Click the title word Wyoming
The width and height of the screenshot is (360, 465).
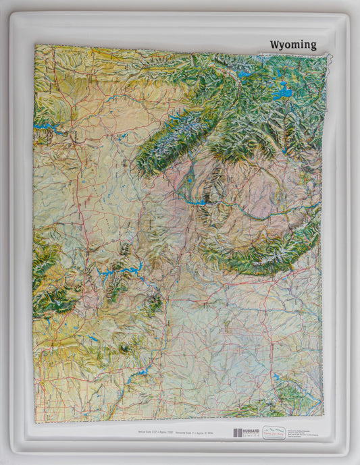point(292,45)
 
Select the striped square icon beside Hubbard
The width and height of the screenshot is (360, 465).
point(237,433)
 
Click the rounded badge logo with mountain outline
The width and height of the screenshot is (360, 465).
point(276,432)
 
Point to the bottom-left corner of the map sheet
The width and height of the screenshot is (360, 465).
point(35,422)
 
